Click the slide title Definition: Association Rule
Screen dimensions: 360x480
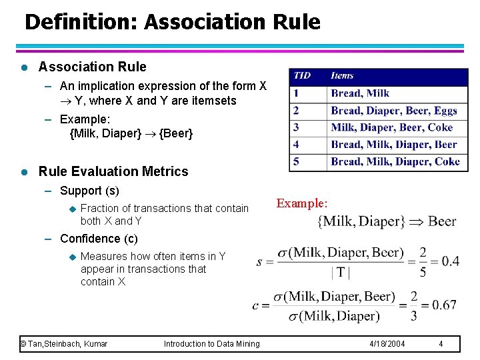point(172,22)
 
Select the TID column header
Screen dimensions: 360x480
point(302,76)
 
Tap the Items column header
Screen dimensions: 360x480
point(342,76)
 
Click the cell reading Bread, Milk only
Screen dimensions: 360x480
point(360,93)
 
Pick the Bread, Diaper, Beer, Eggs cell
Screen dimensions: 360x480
point(394,111)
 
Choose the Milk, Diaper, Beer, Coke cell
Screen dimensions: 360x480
point(391,127)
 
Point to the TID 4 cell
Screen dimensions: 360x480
point(296,144)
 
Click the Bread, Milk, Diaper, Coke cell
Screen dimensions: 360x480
point(395,161)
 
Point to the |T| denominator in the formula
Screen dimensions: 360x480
point(340,271)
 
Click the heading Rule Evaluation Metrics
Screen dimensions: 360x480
point(113,171)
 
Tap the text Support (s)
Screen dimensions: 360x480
point(89,191)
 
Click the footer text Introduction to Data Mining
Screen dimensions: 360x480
point(212,344)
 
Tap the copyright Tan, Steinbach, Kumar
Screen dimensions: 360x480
point(64,344)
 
